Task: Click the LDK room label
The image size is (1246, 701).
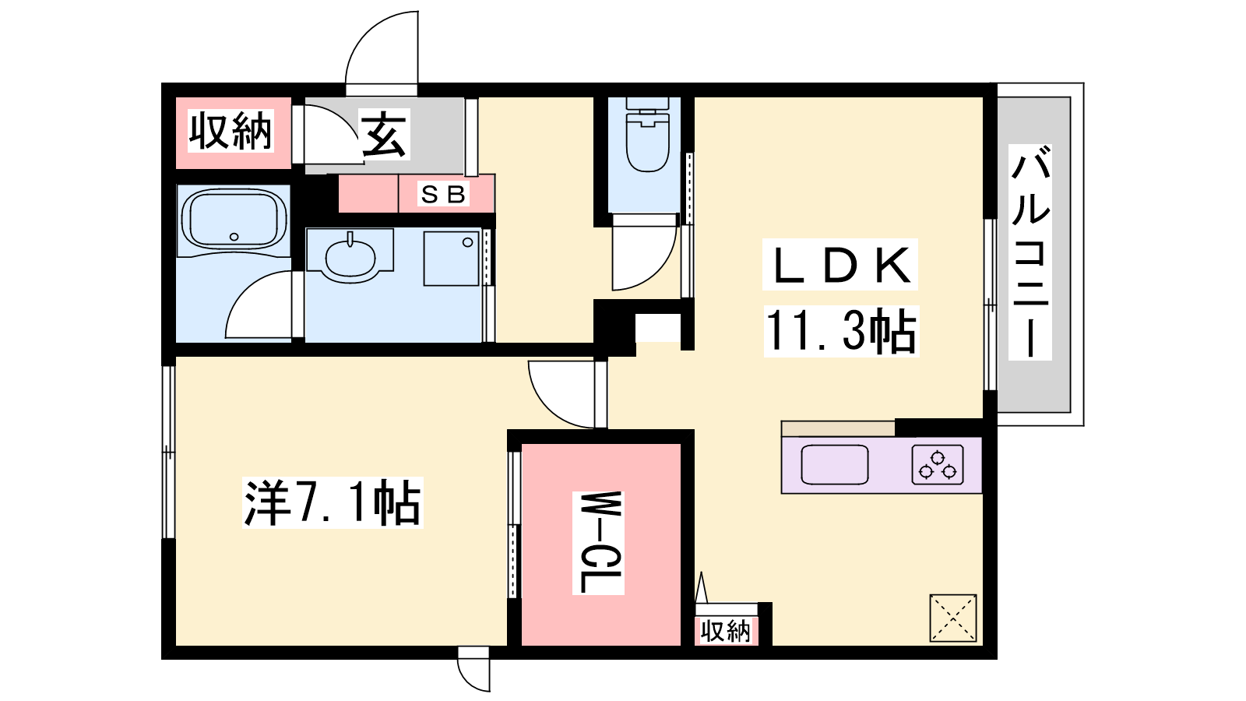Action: [840, 265]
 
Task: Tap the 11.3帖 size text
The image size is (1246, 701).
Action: [841, 330]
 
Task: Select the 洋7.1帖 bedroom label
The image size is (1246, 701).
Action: [333, 503]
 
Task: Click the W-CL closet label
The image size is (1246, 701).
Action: [598, 542]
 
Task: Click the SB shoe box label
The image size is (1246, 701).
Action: [443, 194]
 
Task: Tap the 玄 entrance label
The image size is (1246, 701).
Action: [384, 134]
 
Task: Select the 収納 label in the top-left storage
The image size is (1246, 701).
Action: [231, 131]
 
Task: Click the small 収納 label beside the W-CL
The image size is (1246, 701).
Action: [725, 631]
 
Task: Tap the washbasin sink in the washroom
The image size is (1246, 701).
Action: [350, 257]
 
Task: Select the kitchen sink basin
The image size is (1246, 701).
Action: [835, 464]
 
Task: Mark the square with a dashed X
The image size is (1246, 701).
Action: [953, 618]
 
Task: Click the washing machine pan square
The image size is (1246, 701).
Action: [452, 258]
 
